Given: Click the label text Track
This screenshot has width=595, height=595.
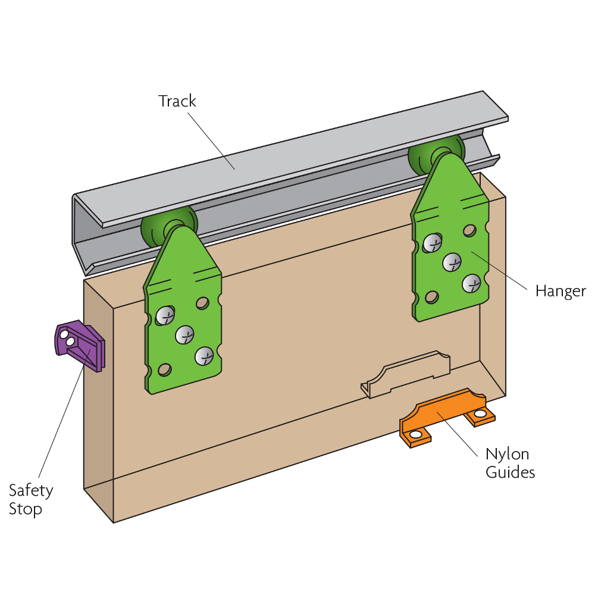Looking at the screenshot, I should pyautogui.click(x=177, y=101).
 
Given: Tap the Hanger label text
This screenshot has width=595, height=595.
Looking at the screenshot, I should pyautogui.click(x=560, y=292).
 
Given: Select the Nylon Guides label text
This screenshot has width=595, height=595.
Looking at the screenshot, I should pyautogui.click(x=510, y=464).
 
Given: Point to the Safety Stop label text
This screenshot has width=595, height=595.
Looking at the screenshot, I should pyautogui.click(x=31, y=500).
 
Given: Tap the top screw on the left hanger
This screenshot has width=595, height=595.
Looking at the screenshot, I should pyautogui.click(x=165, y=315).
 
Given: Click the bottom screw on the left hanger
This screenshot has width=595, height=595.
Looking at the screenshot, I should pyautogui.click(x=204, y=356).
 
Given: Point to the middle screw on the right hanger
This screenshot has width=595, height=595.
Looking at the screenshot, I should pyautogui.click(x=452, y=262).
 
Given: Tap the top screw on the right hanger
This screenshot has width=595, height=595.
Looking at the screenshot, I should pyautogui.click(x=432, y=242).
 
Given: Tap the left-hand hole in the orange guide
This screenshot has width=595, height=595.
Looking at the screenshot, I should pyautogui.click(x=415, y=434).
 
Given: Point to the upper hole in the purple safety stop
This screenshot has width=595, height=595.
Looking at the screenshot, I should pyautogui.click(x=64, y=335).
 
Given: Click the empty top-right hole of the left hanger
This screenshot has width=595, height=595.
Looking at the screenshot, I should pyautogui.click(x=202, y=303).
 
